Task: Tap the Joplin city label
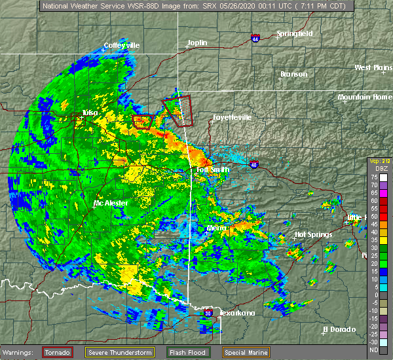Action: [196, 43]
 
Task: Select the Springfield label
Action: [295, 33]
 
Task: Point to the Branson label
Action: [293, 74]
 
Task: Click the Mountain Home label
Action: [365, 98]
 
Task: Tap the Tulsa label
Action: [90, 113]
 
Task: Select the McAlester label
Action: [111, 203]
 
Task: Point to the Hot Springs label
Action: [313, 234]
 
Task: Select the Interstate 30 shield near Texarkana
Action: [208, 314]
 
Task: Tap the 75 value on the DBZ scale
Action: [375, 177]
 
